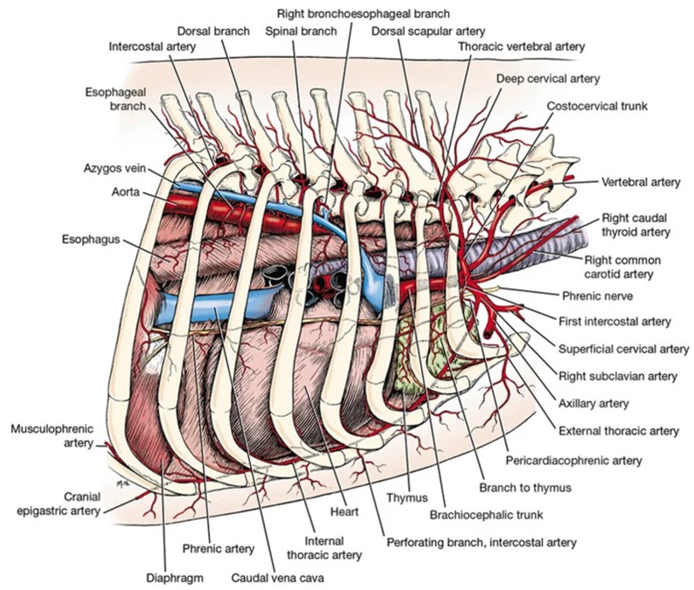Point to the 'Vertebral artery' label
click(x=640, y=182)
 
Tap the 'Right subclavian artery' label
click(x=617, y=376)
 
